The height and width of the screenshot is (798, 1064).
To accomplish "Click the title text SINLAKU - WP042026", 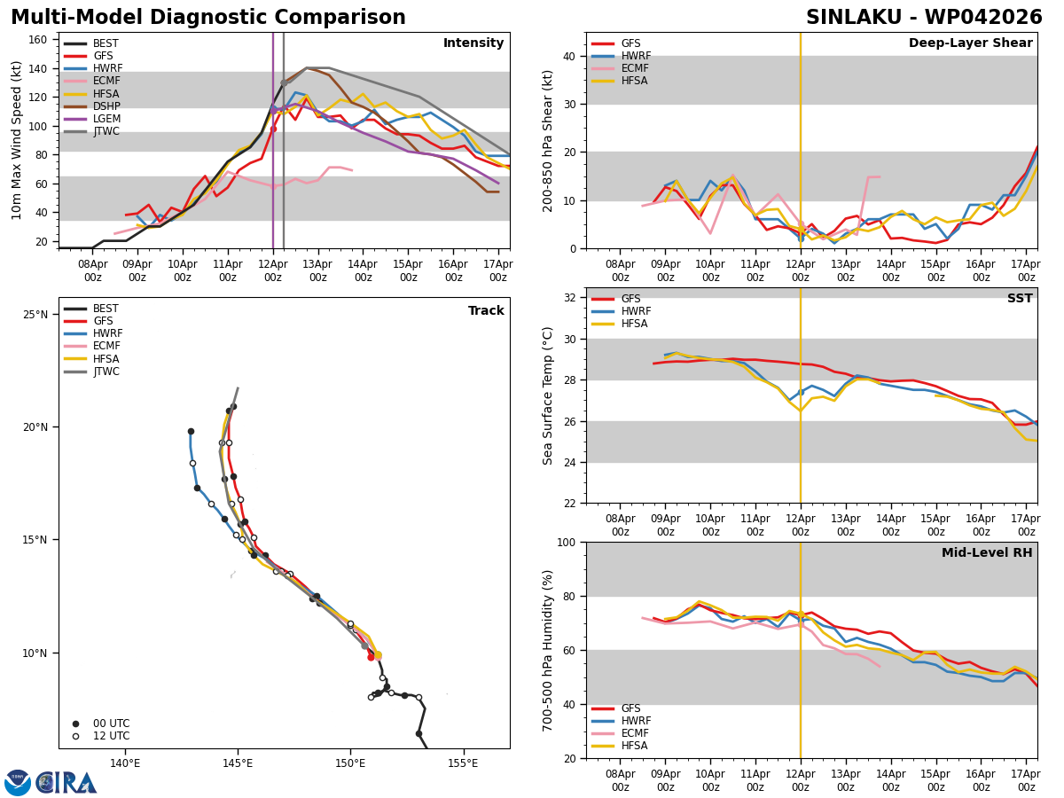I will [x=924, y=18].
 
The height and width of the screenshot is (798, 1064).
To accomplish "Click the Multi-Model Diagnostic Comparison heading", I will [x=208, y=18].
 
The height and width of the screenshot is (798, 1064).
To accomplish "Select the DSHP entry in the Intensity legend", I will [x=106, y=106].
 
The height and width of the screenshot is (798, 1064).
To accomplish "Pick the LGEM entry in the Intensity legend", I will [x=106, y=119].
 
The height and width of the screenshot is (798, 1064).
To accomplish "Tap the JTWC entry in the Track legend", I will [x=106, y=372].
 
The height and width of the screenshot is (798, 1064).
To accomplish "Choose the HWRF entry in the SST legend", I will [x=636, y=311].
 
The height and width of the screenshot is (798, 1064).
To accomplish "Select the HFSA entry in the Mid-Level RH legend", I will [x=635, y=746].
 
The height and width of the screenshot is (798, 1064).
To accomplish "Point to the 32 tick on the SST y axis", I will [x=572, y=298].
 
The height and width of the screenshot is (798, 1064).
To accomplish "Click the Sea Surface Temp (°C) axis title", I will [x=549, y=395].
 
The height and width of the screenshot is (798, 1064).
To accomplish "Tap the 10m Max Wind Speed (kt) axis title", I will [x=17, y=140].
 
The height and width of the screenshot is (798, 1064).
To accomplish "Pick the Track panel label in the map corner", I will [x=486, y=311].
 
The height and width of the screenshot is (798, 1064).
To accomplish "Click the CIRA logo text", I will [x=66, y=783].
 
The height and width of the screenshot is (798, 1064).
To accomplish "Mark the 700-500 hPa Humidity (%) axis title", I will [x=549, y=650].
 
